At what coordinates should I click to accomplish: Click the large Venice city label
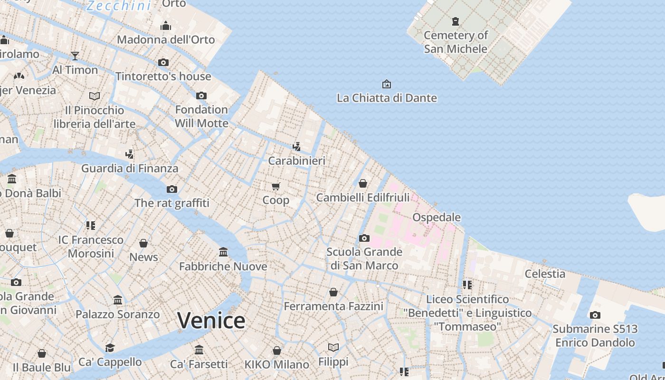click(x=211, y=320)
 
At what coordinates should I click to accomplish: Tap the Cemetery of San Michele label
click(x=456, y=42)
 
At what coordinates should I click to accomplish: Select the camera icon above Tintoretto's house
click(x=163, y=62)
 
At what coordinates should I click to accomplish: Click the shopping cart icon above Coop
click(x=276, y=186)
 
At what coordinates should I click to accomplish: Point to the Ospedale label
click(x=437, y=217)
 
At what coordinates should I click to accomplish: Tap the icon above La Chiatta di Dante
click(x=387, y=84)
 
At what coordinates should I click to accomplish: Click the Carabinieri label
click(x=297, y=161)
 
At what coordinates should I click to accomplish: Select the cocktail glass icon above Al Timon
click(x=75, y=56)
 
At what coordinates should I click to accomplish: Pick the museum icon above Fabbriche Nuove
click(x=223, y=252)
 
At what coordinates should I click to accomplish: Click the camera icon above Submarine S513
click(x=595, y=315)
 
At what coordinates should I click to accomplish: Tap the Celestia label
click(x=545, y=274)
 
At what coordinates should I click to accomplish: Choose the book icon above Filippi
click(x=333, y=348)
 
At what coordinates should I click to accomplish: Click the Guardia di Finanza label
click(x=130, y=168)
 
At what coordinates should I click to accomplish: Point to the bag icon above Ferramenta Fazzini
click(x=333, y=292)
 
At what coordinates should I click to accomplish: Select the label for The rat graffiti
click(x=172, y=203)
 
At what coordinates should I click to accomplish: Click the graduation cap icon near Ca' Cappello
click(x=110, y=348)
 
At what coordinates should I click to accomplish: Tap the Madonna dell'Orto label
click(x=166, y=39)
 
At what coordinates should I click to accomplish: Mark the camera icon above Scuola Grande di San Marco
click(x=364, y=238)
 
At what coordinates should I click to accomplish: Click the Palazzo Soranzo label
click(x=118, y=314)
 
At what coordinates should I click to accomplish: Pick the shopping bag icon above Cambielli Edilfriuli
click(x=363, y=183)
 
